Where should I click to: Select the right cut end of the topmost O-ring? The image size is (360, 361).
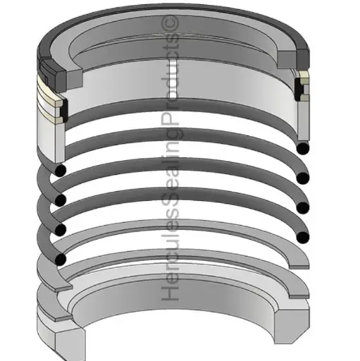(x=303, y=148)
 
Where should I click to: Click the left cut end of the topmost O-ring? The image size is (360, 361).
(x=61, y=170)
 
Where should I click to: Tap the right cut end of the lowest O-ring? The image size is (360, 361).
(x=303, y=237)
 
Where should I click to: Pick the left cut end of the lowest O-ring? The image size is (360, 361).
(x=61, y=259)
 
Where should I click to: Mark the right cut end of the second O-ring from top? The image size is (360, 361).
(x=303, y=178)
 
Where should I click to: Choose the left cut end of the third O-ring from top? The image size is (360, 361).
(x=61, y=229)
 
